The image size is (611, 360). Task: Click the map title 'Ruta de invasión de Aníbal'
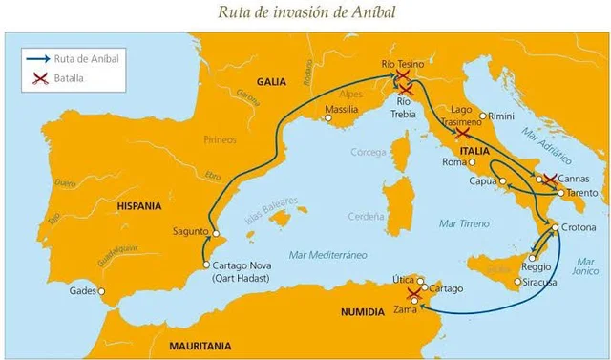305,12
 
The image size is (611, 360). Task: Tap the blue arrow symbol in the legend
38,57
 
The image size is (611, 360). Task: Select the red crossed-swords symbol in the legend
38,77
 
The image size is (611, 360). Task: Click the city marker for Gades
102,291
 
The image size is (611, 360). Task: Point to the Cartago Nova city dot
206,265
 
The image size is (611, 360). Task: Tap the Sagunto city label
191,231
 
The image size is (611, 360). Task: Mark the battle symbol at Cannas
549,179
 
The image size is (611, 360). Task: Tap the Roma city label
454,162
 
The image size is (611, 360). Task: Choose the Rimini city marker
483,116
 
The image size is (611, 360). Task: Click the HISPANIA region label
138,205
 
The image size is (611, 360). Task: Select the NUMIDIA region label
362,311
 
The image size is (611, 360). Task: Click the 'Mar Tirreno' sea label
461,222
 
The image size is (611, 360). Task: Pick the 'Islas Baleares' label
271,210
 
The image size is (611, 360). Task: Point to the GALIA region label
272,82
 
